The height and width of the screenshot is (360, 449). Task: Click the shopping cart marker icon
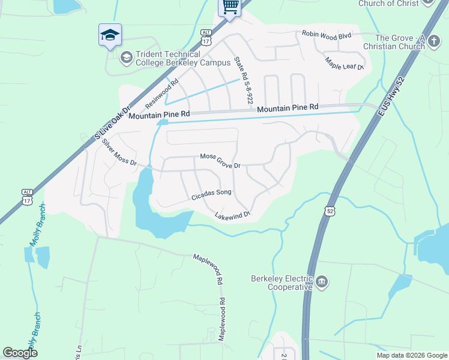(x=230, y=8)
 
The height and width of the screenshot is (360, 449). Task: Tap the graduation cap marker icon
(x=110, y=35)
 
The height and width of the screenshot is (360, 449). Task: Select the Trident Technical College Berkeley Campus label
(x=182, y=59)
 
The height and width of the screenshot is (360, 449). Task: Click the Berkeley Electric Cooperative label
(x=282, y=282)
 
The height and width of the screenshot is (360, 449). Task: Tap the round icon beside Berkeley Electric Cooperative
(x=322, y=281)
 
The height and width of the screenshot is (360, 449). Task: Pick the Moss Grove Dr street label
(x=220, y=161)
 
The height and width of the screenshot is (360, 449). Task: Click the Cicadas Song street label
(x=211, y=194)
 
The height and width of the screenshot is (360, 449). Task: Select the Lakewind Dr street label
(x=232, y=214)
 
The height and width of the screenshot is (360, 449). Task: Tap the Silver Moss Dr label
(x=119, y=153)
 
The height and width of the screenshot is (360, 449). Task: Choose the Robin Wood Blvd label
(x=326, y=35)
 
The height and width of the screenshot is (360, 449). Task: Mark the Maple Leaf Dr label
(x=345, y=63)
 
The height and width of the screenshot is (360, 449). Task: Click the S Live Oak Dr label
(x=112, y=125)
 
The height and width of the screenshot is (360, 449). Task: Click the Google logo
(x=20, y=353)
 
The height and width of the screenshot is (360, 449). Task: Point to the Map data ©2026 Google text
(x=411, y=355)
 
